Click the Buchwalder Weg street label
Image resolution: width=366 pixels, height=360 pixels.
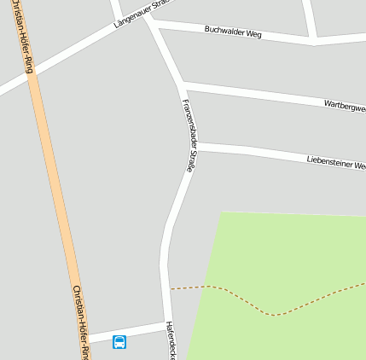(233, 32)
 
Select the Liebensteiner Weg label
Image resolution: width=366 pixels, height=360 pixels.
(335, 160)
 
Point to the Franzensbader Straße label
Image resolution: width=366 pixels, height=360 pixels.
(189, 136)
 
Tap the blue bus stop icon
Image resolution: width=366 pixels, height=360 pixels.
(119, 342)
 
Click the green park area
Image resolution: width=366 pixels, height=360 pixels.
(282, 256)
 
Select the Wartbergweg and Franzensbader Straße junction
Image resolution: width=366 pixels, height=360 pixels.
(181, 84)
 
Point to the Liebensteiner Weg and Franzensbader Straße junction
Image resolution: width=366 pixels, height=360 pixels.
(195, 148)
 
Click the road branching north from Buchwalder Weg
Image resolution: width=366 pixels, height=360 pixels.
(310, 17)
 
